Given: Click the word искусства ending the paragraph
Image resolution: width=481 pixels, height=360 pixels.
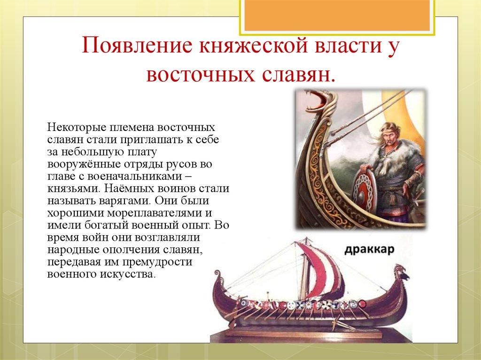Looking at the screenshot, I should [x=126, y=274].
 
